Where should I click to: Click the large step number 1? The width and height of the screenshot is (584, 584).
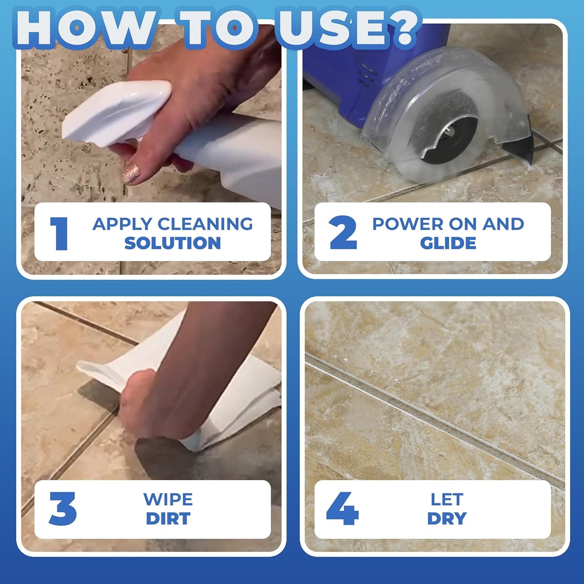(59, 233)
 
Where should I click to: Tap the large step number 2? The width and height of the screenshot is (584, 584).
(343, 233)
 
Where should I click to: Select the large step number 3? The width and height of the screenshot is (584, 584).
(63, 509)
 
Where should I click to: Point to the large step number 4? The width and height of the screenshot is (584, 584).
(342, 509)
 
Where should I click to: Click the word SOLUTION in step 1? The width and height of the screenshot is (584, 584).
(173, 243)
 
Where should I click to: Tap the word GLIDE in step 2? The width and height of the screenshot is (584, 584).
(448, 243)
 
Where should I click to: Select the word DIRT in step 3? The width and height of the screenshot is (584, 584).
(168, 519)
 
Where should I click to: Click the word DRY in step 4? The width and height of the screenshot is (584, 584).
(447, 519)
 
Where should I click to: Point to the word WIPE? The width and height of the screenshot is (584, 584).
(168, 500)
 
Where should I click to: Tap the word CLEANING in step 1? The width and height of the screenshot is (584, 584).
(205, 224)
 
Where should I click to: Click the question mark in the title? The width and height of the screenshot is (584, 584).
(401, 28)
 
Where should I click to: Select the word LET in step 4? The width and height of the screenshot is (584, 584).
(447, 500)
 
